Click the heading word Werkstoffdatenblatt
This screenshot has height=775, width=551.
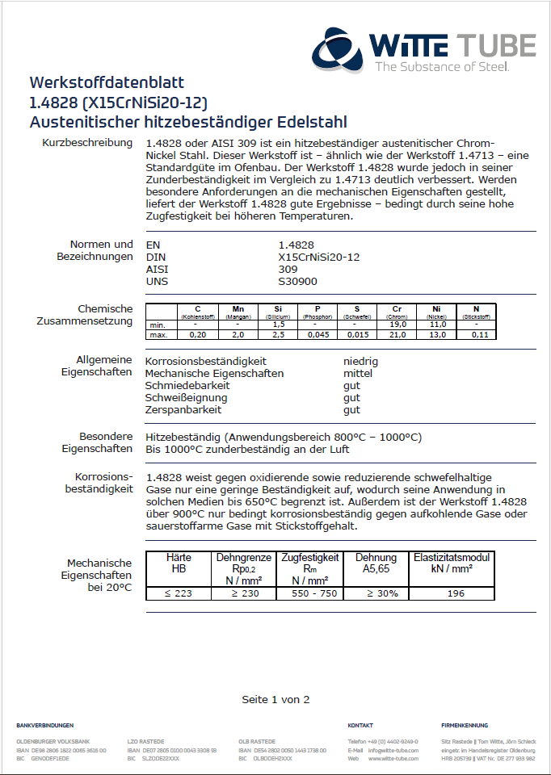coord(107,82)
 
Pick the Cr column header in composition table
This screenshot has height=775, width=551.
coord(397,309)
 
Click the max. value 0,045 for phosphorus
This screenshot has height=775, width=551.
coord(318,333)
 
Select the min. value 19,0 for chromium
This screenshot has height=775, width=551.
coord(397,325)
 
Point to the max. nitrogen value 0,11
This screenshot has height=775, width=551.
coord(476,333)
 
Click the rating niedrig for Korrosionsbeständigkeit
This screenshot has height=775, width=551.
coord(360,361)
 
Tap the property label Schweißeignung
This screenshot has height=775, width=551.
coord(186,397)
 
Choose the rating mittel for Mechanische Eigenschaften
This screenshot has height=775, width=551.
coord(358,373)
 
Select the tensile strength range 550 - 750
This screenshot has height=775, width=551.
coord(309,593)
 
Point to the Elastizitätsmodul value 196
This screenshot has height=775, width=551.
coord(455,593)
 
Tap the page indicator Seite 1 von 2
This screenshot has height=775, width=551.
coord(275,699)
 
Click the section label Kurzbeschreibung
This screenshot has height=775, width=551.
coord(87,143)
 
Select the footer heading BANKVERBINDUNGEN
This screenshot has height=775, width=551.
coord(44,726)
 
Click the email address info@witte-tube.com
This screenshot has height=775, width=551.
coord(393,751)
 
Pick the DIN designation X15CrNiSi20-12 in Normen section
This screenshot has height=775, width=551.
coord(318,256)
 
